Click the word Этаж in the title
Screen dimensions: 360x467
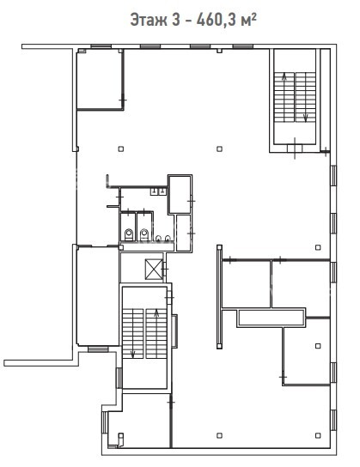pos(148,21)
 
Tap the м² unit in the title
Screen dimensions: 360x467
pos(249,20)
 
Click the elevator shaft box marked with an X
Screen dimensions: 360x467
pos(154,270)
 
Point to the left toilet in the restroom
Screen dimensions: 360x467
pos(129,234)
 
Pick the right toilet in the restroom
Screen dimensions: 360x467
pos(144,234)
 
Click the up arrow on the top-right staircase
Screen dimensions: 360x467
pos(284,76)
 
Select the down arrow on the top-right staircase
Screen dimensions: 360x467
pos(306,118)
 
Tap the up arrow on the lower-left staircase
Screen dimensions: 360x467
pos(156,312)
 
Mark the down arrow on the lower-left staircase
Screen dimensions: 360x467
pos(132,354)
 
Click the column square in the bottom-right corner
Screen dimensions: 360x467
pos(318,435)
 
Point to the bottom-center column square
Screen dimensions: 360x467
pos(219,435)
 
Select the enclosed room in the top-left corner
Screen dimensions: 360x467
pos(100,80)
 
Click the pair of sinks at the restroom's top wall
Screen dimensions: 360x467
pos(158,191)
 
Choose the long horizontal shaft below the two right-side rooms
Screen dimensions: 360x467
pos(272,318)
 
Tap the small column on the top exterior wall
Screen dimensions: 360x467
pos(219,51)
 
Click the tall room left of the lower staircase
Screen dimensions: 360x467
pos(98,296)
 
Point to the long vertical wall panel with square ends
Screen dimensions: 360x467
pos(220,297)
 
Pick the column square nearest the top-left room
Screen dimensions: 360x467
pos(120,149)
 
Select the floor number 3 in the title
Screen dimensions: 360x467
pos(176,20)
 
